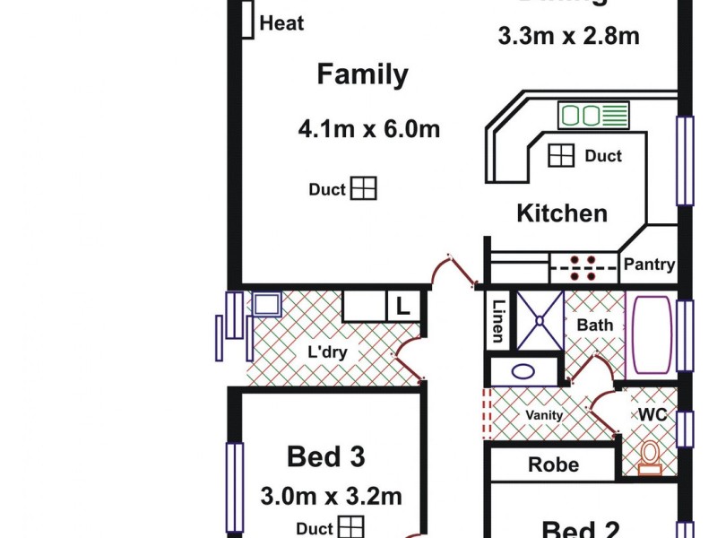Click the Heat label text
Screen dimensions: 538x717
[x=281, y=24]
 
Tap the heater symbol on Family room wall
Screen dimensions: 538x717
[x=246, y=20]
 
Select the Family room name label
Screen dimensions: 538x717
[x=362, y=74]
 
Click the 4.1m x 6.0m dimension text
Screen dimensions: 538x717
[x=369, y=130]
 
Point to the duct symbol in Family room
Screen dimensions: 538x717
[x=363, y=188]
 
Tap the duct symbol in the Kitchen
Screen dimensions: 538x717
[x=561, y=155]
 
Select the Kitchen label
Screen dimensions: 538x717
[x=562, y=213]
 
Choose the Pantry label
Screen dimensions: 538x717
[x=648, y=265]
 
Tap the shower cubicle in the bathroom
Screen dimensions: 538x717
[x=540, y=319]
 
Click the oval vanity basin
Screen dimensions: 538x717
[x=523, y=371]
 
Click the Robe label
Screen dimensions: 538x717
[x=553, y=464]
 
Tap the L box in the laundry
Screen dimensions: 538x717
[x=402, y=307]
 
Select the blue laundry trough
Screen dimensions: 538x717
[x=266, y=304]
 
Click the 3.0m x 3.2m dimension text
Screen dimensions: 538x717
[x=331, y=496]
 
